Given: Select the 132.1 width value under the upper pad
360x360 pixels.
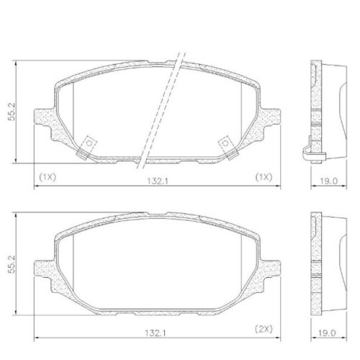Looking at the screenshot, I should point(151,181).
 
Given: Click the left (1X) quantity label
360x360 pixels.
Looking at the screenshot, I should point(48,176).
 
